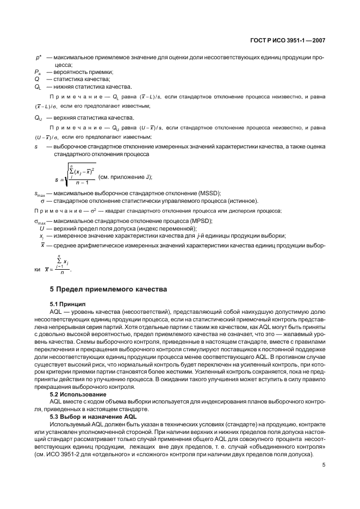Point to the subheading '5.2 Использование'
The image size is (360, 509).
click(x=78, y=393)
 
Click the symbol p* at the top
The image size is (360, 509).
click(x=39, y=57)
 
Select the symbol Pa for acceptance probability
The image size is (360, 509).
click(x=38, y=72)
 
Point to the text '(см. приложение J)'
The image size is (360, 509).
click(x=125, y=177)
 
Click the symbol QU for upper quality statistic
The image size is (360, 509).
click(x=38, y=118)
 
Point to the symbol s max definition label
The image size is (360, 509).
click(x=39, y=194)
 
